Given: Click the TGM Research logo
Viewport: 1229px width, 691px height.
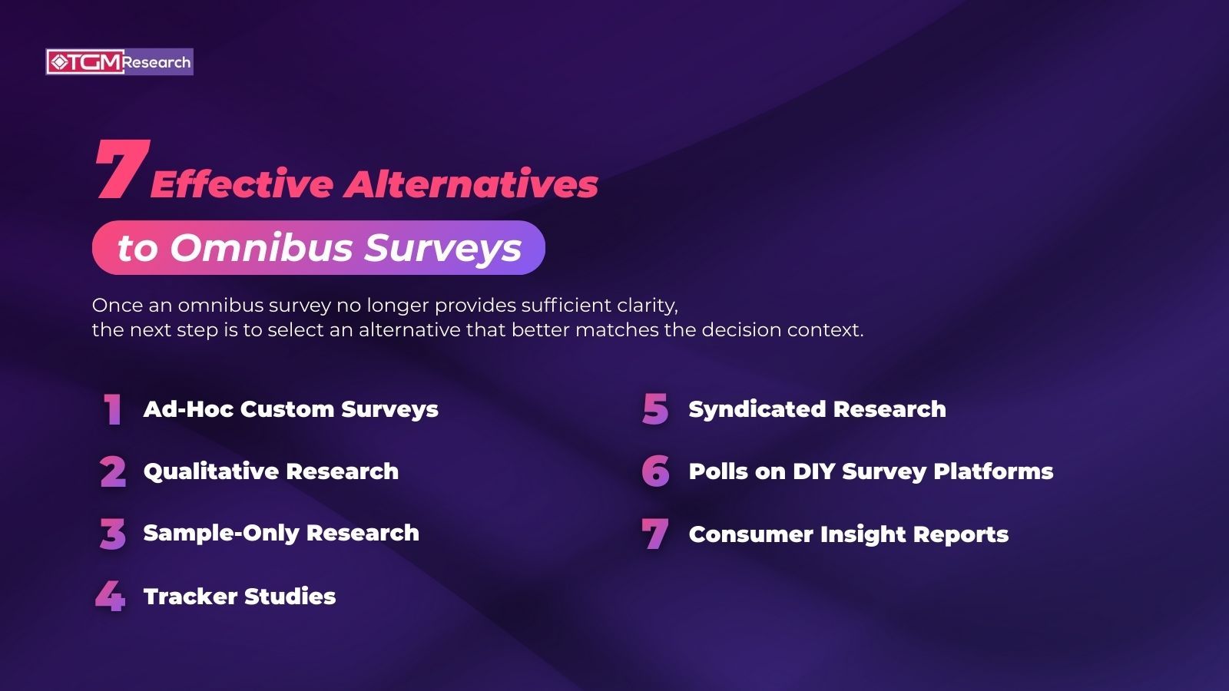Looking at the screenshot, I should (x=119, y=62).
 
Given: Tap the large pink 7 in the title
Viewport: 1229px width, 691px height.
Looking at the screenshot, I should (x=121, y=170).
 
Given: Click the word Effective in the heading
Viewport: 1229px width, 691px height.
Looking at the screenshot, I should (x=242, y=184).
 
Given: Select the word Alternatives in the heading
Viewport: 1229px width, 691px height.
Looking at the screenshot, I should (x=471, y=184).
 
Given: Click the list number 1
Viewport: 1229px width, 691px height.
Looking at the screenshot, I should (x=113, y=409).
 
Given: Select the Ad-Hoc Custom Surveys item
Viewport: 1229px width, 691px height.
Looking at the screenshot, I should (x=290, y=409).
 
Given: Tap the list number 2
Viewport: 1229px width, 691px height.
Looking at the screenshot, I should (x=113, y=471).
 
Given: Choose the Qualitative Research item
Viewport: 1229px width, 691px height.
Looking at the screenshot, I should (x=270, y=471).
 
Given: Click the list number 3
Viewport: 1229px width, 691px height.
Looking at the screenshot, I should (x=113, y=534).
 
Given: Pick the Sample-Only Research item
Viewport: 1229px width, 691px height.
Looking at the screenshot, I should (x=281, y=533).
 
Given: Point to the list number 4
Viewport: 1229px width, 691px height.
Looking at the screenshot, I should (x=111, y=596).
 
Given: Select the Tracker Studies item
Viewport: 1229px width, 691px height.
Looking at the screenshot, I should (x=240, y=597).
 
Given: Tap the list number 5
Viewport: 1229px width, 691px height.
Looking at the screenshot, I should (x=655, y=409).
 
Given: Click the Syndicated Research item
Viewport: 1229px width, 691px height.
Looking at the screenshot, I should (x=817, y=409).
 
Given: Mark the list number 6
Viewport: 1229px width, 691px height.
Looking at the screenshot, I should (x=655, y=471).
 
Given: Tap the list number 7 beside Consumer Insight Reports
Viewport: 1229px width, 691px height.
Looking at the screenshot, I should (x=655, y=534).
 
